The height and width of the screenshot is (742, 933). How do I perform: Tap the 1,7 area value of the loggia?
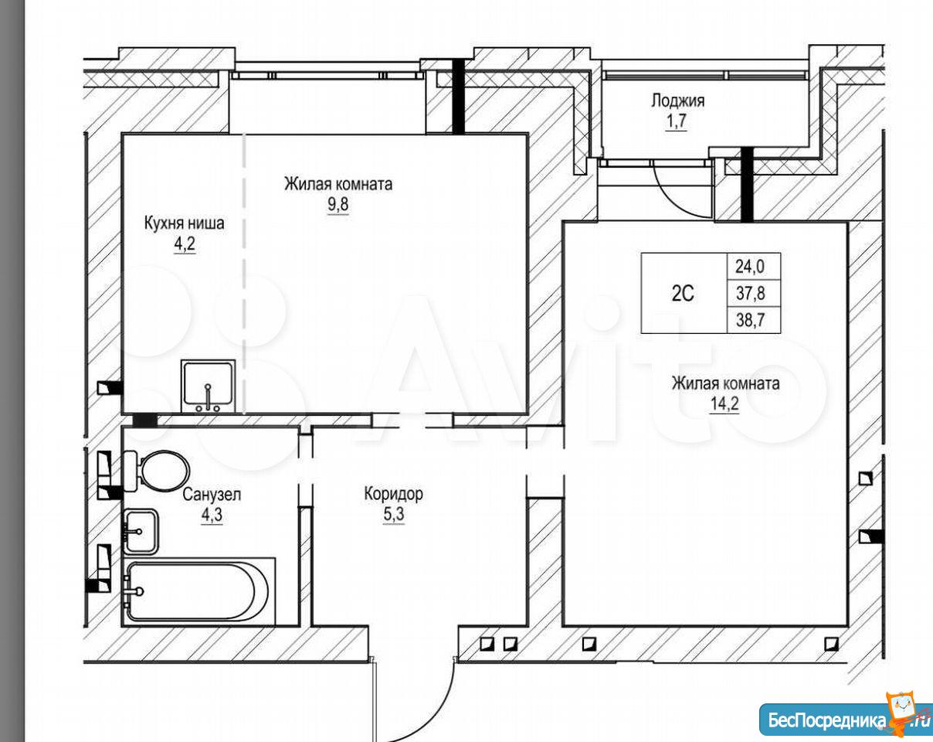(x=677, y=121)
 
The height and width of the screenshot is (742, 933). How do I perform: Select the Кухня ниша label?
(x=185, y=223)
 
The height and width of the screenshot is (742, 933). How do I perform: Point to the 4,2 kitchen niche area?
(x=185, y=244)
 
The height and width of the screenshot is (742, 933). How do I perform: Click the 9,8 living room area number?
(x=338, y=204)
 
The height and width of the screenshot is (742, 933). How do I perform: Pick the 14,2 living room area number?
(x=724, y=404)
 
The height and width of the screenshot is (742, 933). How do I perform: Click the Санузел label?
(x=212, y=495)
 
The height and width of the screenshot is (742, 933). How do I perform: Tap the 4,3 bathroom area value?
(x=212, y=515)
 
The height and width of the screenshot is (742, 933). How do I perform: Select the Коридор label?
(x=393, y=494)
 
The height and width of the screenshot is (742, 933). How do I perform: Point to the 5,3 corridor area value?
(x=394, y=514)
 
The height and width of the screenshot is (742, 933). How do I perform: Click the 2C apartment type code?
(x=683, y=294)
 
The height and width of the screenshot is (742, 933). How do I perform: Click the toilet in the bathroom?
(x=156, y=471)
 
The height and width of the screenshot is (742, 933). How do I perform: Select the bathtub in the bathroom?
(x=198, y=592)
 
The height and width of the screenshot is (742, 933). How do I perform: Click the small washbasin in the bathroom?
(x=140, y=532)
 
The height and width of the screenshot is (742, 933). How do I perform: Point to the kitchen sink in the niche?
(x=209, y=386)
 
